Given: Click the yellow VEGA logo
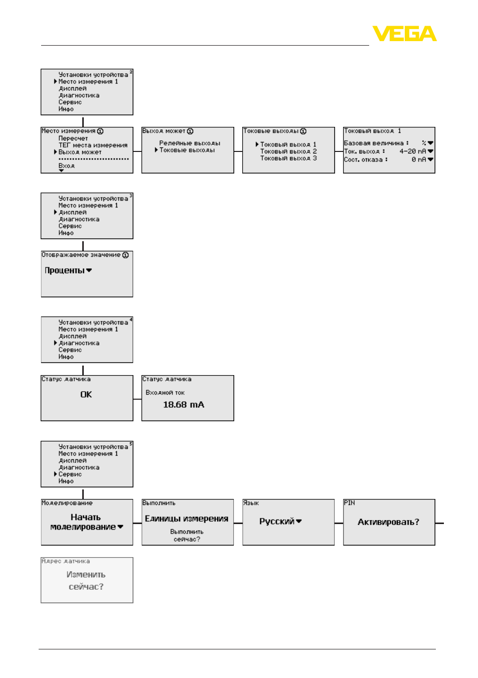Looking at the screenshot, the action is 404,33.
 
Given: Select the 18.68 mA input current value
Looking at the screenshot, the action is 184,405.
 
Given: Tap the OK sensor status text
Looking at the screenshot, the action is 86,394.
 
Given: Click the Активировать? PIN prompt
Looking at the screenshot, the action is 388,522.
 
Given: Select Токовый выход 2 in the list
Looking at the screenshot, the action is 288,151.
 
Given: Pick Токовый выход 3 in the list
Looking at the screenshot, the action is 288,158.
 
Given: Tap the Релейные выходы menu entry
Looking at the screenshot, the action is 190,143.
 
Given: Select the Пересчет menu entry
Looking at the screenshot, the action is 73,138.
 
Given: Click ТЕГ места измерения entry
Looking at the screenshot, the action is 93,145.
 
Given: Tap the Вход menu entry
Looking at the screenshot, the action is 67,166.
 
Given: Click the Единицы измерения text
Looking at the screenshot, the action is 187,519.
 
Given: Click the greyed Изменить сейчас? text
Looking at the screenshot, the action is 86,581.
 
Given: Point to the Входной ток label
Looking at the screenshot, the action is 165,393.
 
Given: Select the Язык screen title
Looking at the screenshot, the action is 251,503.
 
